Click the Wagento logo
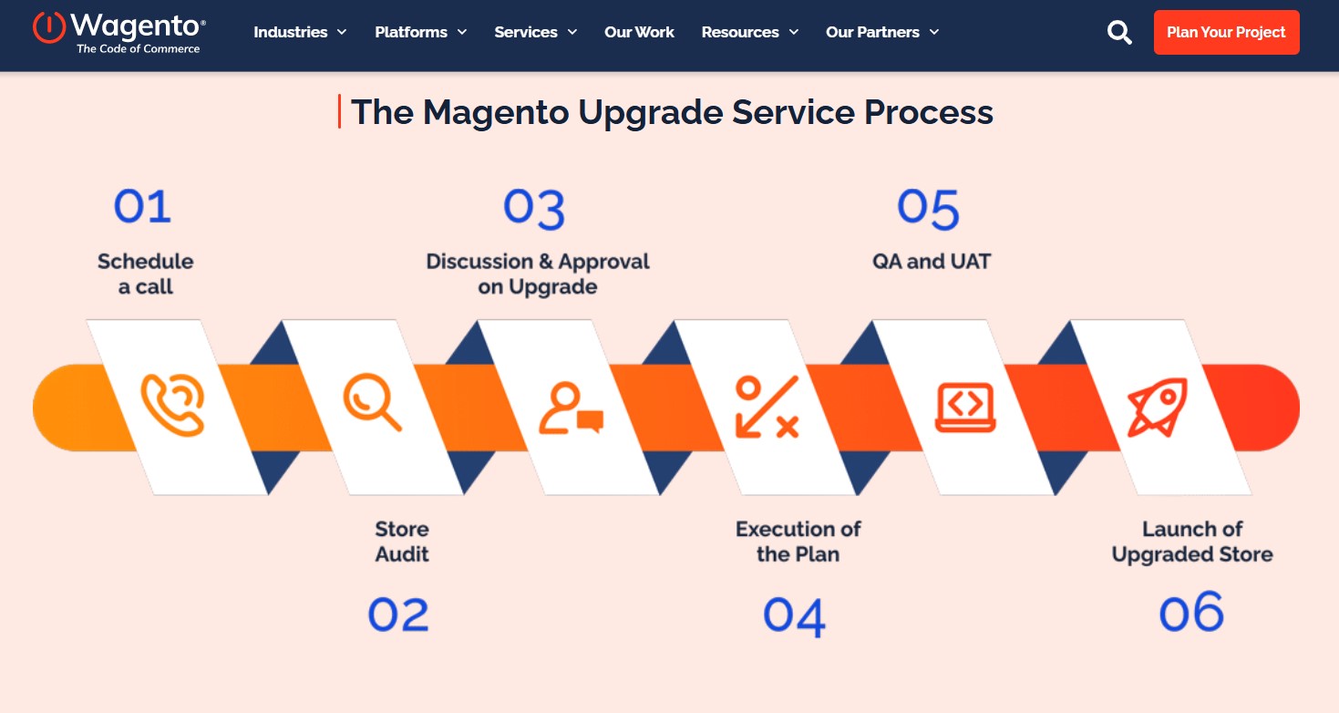[x=118, y=32]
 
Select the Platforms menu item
[x=420, y=32]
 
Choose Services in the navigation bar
[x=535, y=32]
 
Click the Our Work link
[x=639, y=32]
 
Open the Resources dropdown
[x=749, y=32]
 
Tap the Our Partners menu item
[x=881, y=32]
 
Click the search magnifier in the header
[x=1119, y=33]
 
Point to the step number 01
[x=142, y=206]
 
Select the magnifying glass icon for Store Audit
[x=371, y=405]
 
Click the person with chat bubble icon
[x=571, y=408]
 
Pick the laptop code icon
[x=965, y=408]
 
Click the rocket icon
[x=1157, y=407]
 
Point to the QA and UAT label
[x=931, y=262]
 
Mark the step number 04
[x=794, y=616]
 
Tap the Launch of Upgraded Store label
[x=1192, y=542]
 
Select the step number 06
[x=1190, y=612]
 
